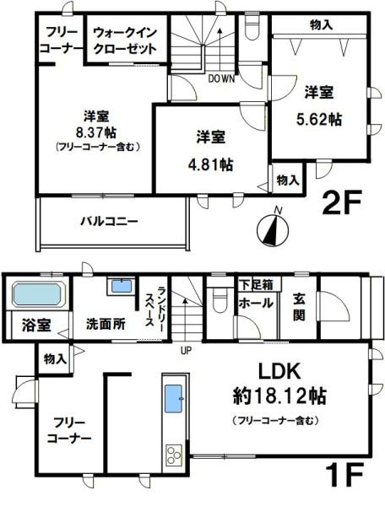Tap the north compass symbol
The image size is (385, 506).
(x=269, y=227)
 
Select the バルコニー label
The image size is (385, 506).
(x=110, y=222)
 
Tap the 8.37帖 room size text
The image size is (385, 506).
(x=94, y=131)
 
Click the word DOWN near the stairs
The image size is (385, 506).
(x=222, y=79)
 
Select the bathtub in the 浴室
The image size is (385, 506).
(x=36, y=296)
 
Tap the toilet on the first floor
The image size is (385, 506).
(x=219, y=301)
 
